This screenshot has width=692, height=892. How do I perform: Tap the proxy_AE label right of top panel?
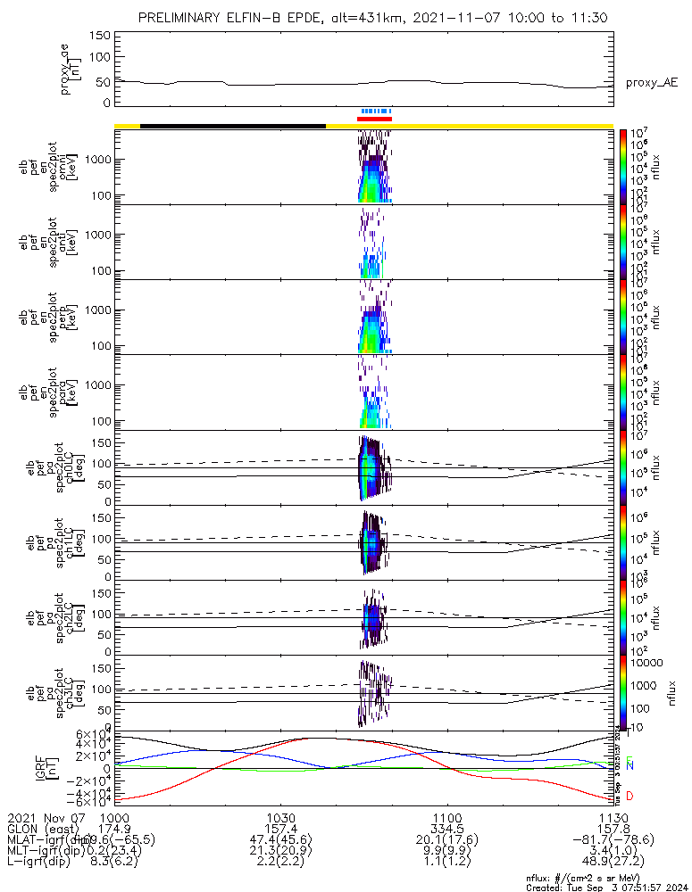pyautogui.click(x=651, y=83)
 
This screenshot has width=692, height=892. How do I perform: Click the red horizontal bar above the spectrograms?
pyautogui.click(x=374, y=119)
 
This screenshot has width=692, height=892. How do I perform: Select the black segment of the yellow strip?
pyautogui.click(x=233, y=126)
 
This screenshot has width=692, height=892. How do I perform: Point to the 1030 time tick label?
pyautogui.click(x=280, y=818)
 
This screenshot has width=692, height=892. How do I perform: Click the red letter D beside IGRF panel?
pyautogui.click(x=629, y=796)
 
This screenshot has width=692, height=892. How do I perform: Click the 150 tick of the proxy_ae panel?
pyautogui.click(x=100, y=35)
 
